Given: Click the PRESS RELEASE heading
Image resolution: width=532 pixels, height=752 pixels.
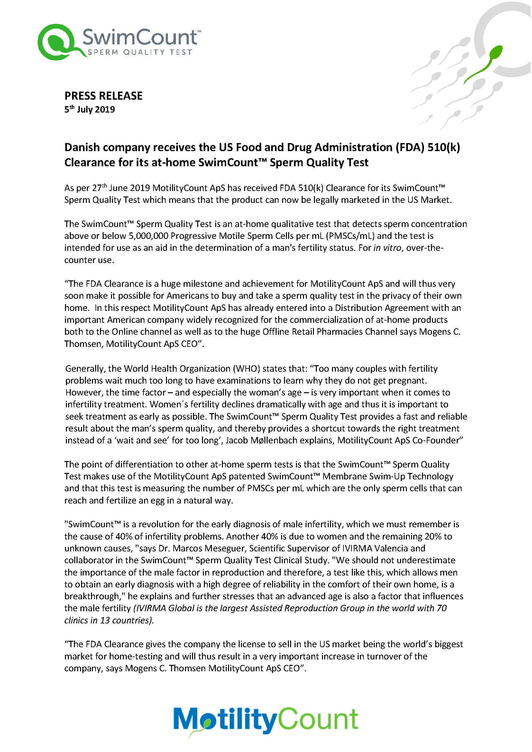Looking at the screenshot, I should point(103,95).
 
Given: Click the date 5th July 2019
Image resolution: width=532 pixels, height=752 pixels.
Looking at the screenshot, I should point(89,109).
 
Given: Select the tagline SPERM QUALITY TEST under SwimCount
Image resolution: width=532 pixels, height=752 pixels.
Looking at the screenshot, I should point(140,52).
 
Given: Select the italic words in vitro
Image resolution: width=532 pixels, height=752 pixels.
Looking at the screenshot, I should point(387,248).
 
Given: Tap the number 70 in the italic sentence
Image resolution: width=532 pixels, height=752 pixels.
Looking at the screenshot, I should point(442,608).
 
